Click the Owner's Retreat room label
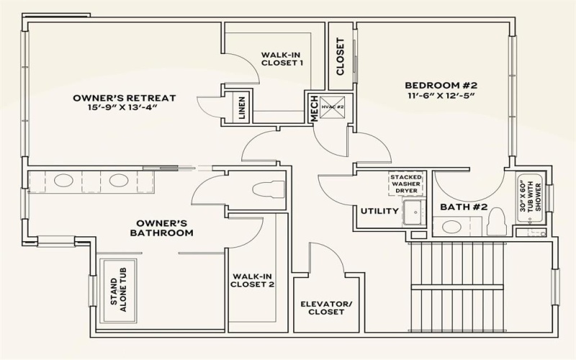124,98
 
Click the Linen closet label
241,109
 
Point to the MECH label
314,109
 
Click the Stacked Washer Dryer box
406,184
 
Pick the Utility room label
379,211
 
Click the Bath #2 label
464,208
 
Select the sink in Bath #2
451,228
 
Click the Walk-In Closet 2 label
252,279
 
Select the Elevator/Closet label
326,308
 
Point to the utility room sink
413,212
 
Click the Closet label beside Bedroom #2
341,57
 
